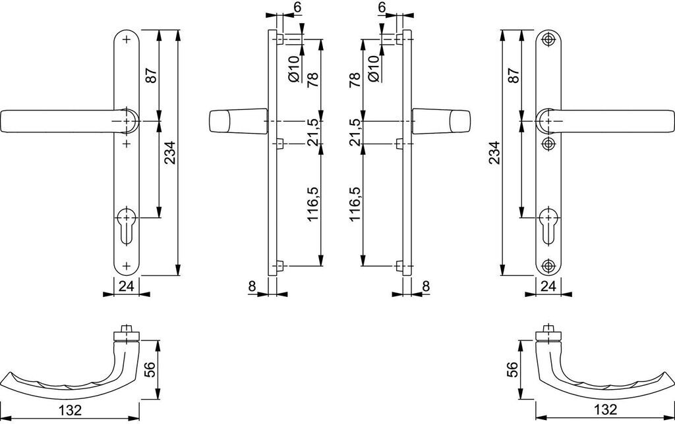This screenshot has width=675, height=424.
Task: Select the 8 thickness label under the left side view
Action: point(252,285)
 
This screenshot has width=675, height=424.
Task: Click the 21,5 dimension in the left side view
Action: point(314,132)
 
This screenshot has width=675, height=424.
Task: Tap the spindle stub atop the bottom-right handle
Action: point(546,329)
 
